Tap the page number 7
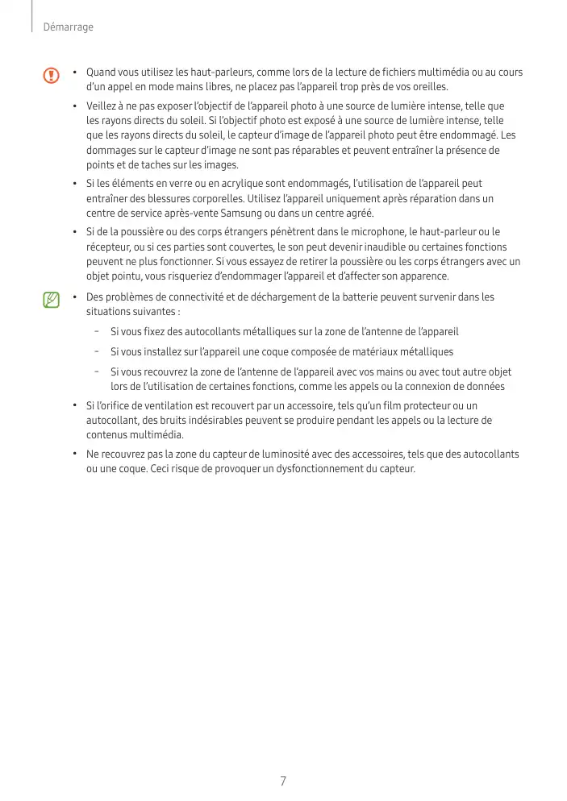[283, 781]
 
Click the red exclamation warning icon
[52, 76]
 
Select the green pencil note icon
[52, 301]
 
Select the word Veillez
[102, 106]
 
